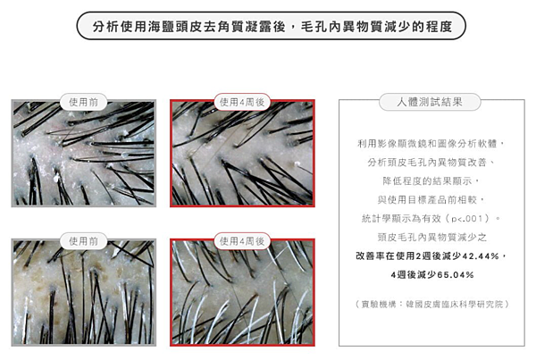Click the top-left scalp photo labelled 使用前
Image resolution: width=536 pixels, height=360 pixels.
coord(84,153)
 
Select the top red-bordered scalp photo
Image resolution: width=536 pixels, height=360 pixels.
coord(242,153)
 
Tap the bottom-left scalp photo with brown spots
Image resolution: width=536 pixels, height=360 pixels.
coord(84,292)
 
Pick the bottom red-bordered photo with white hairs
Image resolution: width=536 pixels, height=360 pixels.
coord(242,292)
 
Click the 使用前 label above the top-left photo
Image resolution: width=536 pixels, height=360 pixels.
coord(83,102)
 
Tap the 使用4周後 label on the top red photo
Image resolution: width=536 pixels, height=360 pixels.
coord(242,102)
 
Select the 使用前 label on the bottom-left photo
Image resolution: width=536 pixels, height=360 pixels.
coord(83,241)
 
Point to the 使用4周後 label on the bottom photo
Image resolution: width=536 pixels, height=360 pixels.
coord(242,241)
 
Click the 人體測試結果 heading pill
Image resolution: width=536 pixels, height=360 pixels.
coord(430,102)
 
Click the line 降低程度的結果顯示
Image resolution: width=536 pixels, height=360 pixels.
coord(431,180)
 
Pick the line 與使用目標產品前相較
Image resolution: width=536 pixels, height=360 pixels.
coord(431,200)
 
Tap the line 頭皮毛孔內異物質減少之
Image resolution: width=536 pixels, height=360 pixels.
coord(432,237)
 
